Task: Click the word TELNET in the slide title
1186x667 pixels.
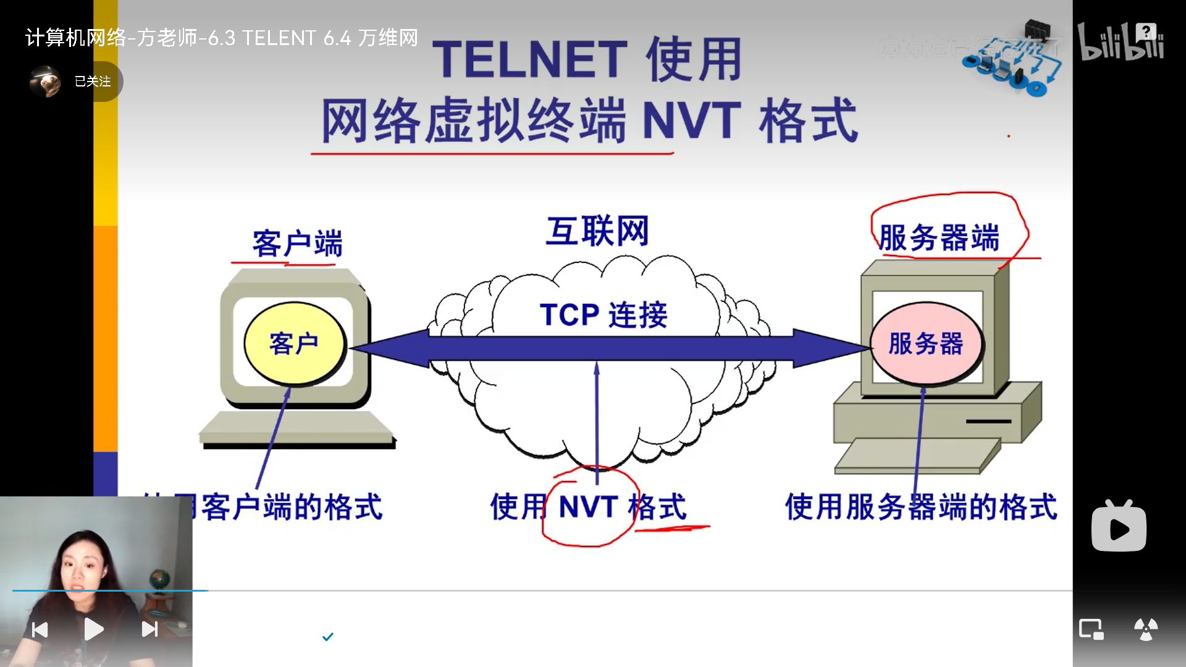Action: [x=530, y=60]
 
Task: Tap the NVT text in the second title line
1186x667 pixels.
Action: [x=691, y=120]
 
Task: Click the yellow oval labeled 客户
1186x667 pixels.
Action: [x=294, y=343]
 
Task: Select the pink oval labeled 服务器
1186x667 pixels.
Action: [x=925, y=343]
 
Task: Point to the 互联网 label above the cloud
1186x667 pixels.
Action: [x=597, y=231]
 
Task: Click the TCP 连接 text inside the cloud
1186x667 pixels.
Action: [x=604, y=314]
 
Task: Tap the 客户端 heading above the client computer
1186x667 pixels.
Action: [x=296, y=243]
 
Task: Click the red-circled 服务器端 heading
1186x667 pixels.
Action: [x=939, y=238]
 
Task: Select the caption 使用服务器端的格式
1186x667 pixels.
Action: [x=920, y=507]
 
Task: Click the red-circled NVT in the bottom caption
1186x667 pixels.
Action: [x=588, y=507]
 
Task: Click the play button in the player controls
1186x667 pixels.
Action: [x=94, y=629]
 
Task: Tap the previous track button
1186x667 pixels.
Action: [x=40, y=629]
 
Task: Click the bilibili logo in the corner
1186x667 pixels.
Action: [x=1121, y=42]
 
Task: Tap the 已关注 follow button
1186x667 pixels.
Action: [x=93, y=82]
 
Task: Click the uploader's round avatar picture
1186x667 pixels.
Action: [x=45, y=82]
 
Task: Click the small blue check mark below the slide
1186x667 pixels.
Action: [x=328, y=636]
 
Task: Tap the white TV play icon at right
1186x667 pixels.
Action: [x=1119, y=527]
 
